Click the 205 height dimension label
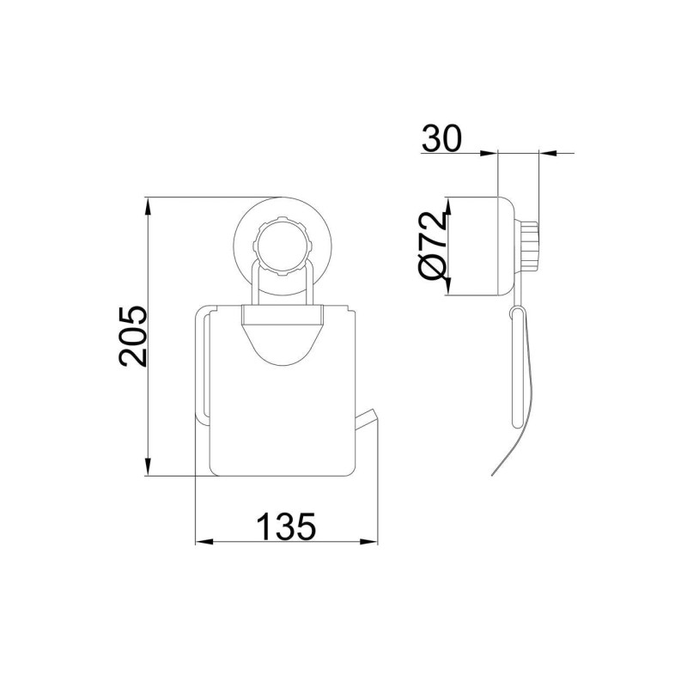(133, 336)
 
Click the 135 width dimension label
(286, 526)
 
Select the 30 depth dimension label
(441, 138)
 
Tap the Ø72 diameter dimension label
(433, 246)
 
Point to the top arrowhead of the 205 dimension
(149, 206)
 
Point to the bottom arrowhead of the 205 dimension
(149, 467)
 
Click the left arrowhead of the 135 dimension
(204, 542)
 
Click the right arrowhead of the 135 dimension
(368, 542)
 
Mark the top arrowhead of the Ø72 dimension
(447, 206)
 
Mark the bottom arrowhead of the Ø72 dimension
(447, 288)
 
